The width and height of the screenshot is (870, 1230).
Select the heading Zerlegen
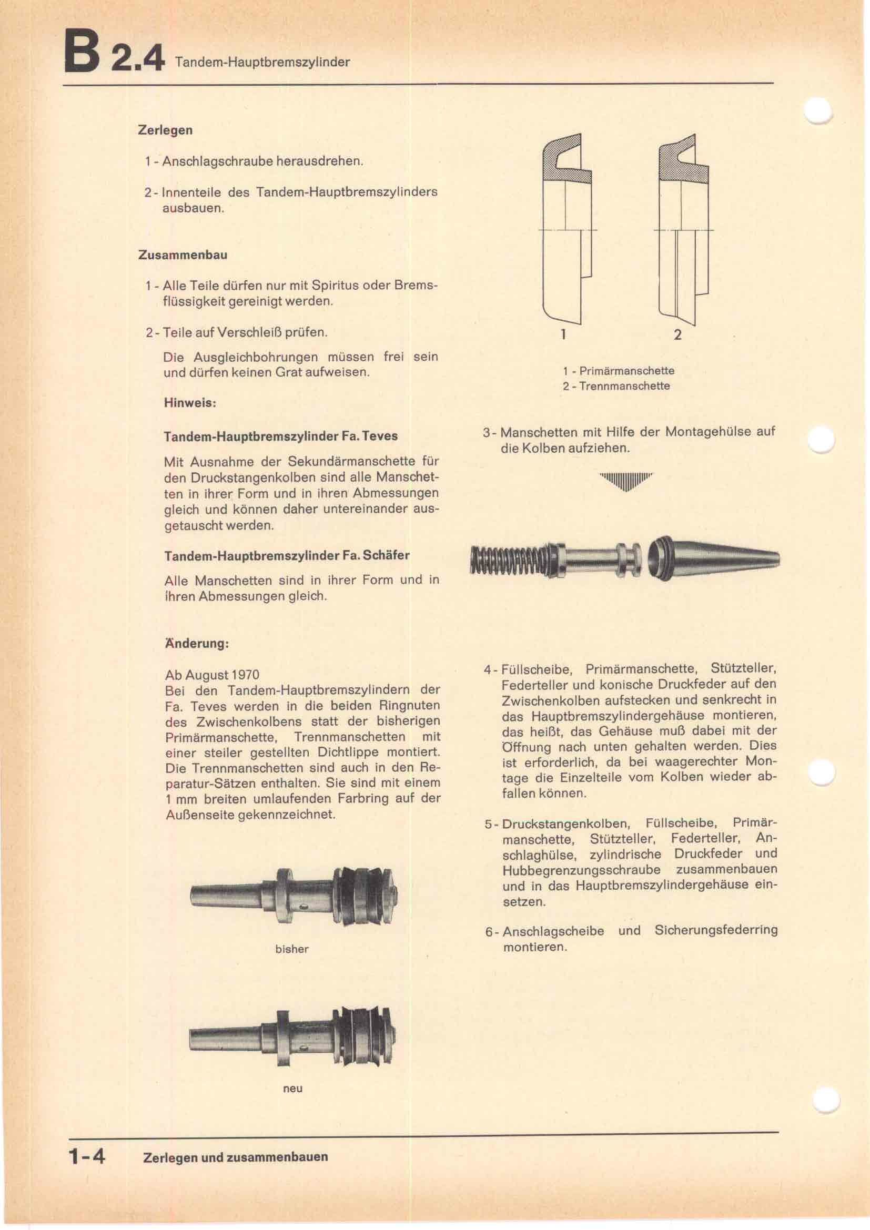point(165,130)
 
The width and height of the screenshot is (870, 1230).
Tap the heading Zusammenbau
point(183,255)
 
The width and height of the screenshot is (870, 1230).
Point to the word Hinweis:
point(190,403)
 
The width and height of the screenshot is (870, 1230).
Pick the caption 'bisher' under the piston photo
point(291,949)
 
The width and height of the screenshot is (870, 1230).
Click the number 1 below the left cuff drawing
point(563,334)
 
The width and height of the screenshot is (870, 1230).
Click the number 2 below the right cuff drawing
point(677,335)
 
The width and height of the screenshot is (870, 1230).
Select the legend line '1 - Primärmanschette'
point(618,371)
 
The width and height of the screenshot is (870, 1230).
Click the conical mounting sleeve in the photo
point(713,557)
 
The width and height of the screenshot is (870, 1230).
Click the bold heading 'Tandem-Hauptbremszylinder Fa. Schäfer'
point(287,555)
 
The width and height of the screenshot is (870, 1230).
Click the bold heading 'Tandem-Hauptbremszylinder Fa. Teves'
point(281,436)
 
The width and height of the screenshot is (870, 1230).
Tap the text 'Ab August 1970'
point(212,675)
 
